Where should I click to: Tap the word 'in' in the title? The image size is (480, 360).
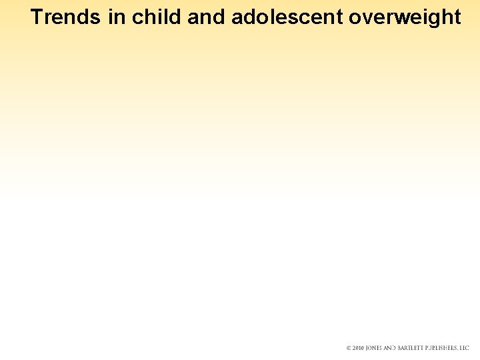117,17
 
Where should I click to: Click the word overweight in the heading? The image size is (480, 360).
405,17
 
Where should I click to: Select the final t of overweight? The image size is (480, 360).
457,17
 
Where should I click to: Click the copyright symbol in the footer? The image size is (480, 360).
349,348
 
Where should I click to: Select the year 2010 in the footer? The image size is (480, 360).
359,348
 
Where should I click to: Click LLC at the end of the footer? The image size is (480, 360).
465,348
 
